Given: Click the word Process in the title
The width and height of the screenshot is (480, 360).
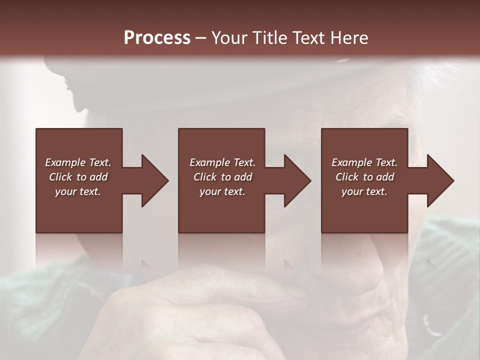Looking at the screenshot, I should tap(157, 38).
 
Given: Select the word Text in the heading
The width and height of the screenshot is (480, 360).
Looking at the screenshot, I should tap(309, 38).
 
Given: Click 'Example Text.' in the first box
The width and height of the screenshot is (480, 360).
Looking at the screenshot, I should tap(78, 162).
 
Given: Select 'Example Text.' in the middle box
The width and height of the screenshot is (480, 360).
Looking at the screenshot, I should tap(222, 162).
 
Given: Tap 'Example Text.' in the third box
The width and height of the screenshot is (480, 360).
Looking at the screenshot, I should tap(364, 162).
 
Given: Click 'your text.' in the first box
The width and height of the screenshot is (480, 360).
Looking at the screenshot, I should tap(78, 191).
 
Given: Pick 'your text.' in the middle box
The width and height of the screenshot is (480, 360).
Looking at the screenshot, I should tap(222, 191).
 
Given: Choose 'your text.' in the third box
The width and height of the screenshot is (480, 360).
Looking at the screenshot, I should tap(364, 191).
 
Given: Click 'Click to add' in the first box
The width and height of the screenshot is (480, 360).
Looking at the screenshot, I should tap(78, 177).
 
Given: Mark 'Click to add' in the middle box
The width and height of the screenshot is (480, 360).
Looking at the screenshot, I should tap(222, 177).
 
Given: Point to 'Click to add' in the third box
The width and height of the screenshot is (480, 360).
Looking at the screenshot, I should tap(364, 177).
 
